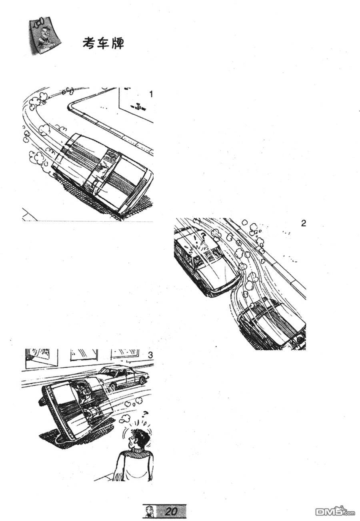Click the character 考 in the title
click(x=90, y=43)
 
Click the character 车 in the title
click(x=104, y=43)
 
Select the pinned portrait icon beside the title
click(x=44, y=37)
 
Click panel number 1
click(x=151, y=94)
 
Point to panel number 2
click(x=304, y=223)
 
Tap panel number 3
click(x=150, y=355)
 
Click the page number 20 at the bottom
click(x=171, y=511)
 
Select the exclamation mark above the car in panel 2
click(x=194, y=237)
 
